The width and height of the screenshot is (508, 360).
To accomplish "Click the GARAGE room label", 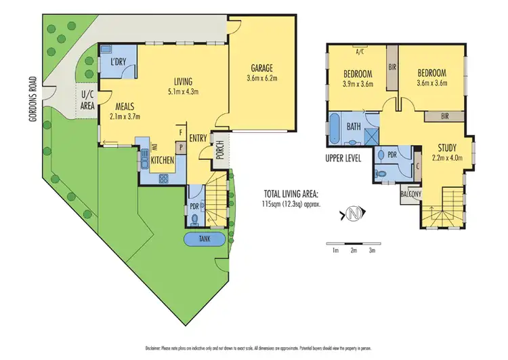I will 263,68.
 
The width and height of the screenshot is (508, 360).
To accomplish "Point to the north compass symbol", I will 352,215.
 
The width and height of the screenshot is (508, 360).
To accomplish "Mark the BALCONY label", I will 410,194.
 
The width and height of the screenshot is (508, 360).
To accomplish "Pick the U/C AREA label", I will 87,100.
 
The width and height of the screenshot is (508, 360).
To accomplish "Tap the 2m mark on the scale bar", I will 353,250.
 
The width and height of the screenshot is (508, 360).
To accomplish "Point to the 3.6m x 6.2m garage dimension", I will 263,79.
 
